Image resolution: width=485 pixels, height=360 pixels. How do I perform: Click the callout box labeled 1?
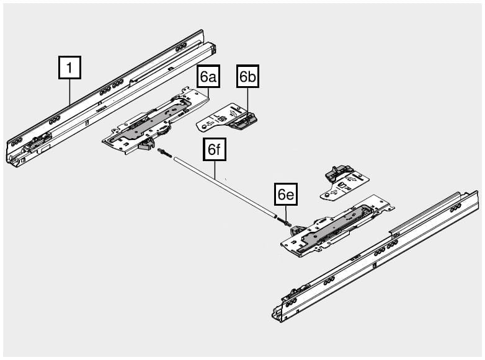[69, 68]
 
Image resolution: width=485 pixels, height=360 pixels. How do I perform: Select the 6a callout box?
[208, 76]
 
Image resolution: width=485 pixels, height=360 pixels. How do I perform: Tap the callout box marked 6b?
[247, 76]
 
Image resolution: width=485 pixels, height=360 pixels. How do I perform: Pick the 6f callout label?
[215, 149]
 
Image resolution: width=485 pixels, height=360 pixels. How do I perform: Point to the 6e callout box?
[286, 194]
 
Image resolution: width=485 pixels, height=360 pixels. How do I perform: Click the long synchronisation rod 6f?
[225, 188]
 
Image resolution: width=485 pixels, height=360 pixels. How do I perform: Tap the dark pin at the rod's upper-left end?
[164, 152]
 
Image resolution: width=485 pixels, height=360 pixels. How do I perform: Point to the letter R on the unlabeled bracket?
[347, 188]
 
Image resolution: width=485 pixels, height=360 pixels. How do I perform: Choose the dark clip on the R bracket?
[339, 173]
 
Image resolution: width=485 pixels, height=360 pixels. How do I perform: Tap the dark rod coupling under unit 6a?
[146, 144]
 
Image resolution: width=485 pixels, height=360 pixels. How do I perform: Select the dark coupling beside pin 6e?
[298, 229]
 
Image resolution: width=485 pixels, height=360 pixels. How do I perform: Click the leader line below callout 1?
[69, 92]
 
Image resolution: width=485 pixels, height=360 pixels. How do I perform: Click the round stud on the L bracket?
[204, 126]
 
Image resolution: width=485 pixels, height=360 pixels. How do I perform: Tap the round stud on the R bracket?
[326, 195]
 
